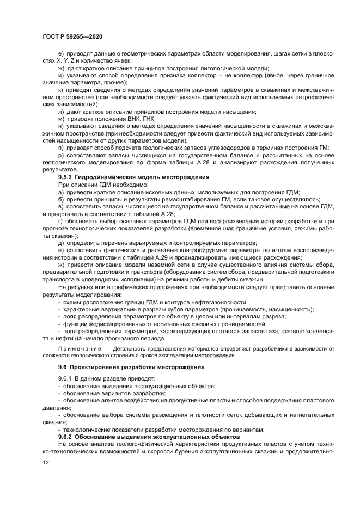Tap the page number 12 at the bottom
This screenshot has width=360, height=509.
point(46,462)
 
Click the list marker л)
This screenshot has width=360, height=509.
point(61,111)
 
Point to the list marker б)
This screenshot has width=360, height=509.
point(61,200)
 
